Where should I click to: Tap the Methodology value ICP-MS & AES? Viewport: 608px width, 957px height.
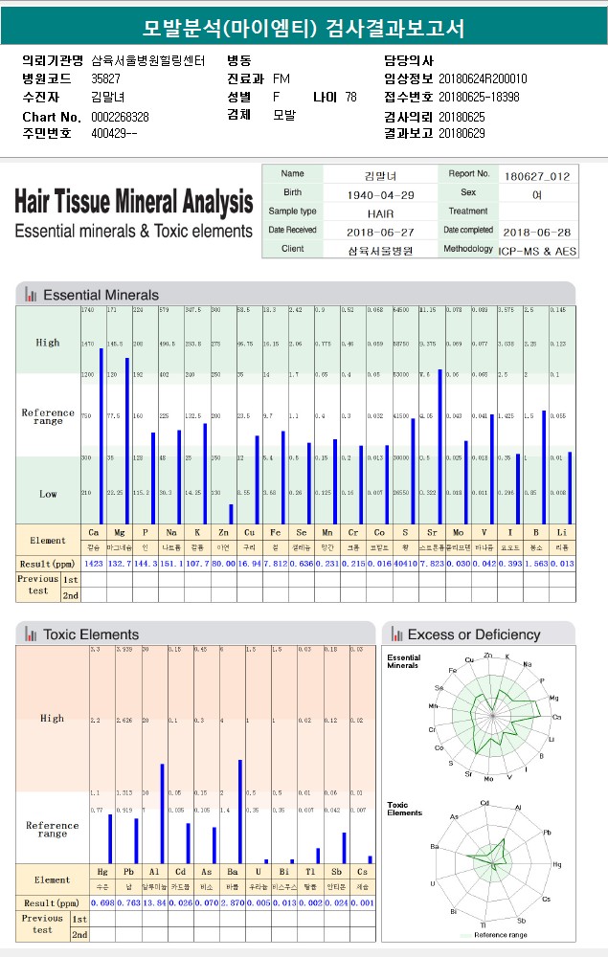pos(536,249)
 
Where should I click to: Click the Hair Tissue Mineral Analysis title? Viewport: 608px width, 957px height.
pos(134,203)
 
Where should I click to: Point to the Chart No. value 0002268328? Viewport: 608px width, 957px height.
pos(120,117)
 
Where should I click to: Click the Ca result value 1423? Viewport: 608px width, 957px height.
pos(94,564)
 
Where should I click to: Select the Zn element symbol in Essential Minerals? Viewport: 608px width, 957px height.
pos(222,531)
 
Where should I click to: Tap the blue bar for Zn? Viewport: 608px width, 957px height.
pos(231,513)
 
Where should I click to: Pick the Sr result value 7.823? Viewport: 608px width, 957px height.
pos(432,564)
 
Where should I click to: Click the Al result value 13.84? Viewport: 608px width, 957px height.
pos(154,902)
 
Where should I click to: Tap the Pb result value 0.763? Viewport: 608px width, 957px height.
pos(128,902)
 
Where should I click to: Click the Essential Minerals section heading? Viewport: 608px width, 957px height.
pos(101,295)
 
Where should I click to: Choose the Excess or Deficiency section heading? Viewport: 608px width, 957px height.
pos(473,634)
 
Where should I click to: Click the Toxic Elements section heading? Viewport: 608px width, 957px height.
pos(91,634)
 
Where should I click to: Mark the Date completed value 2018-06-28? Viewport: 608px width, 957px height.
pos(536,231)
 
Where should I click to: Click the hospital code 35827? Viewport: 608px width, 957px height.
pos(105,78)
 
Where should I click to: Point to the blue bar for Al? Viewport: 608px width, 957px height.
pos(163,813)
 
